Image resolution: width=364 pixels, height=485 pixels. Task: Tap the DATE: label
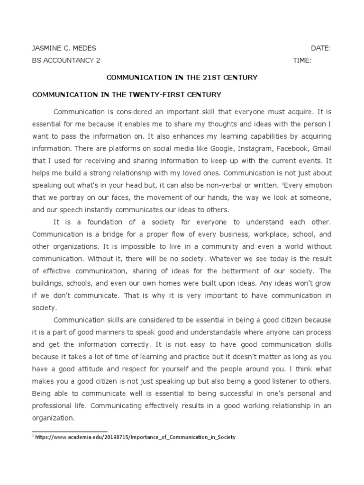(x=321, y=48)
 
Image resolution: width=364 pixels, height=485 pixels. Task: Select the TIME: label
(x=302, y=61)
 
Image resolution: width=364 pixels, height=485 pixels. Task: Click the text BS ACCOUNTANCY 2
(x=65, y=61)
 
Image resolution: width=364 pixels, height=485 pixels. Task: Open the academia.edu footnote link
(x=135, y=437)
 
